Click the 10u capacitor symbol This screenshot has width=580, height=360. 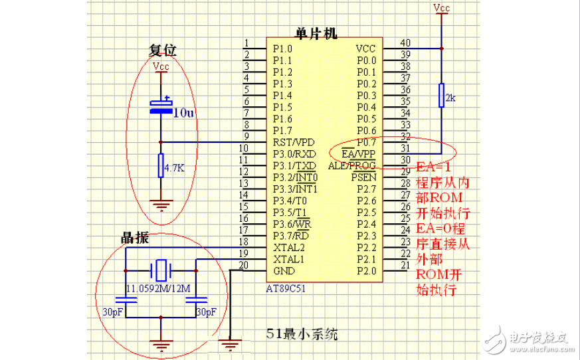pyautogui.click(x=161, y=106)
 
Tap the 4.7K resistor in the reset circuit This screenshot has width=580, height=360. pyautogui.click(x=161, y=166)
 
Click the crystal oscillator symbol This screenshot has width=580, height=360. pyautogui.click(x=161, y=270)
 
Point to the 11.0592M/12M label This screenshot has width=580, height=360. pyautogui.click(x=159, y=288)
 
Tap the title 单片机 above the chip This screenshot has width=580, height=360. pyautogui.click(x=317, y=33)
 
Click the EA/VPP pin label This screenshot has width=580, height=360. pyautogui.click(x=359, y=153)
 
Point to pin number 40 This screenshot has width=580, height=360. pyautogui.click(x=405, y=43)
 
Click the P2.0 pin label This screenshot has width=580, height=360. pyautogui.click(x=366, y=271)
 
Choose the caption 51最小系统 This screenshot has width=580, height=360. pyautogui.click(x=302, y=334)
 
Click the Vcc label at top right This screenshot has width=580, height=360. pyautogui.click(x=440, y=8)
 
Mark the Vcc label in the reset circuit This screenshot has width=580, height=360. pyautogui.click(x=161, y=66)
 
